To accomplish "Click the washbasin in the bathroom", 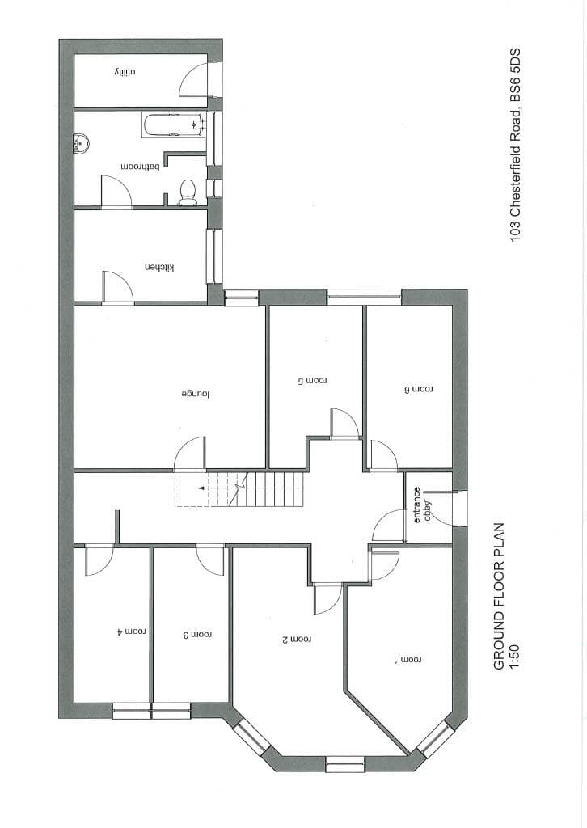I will coord(81,144).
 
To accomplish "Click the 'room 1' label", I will coord(408,661).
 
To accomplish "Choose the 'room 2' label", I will coord(296,640).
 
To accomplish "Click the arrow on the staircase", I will coord(201,488).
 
